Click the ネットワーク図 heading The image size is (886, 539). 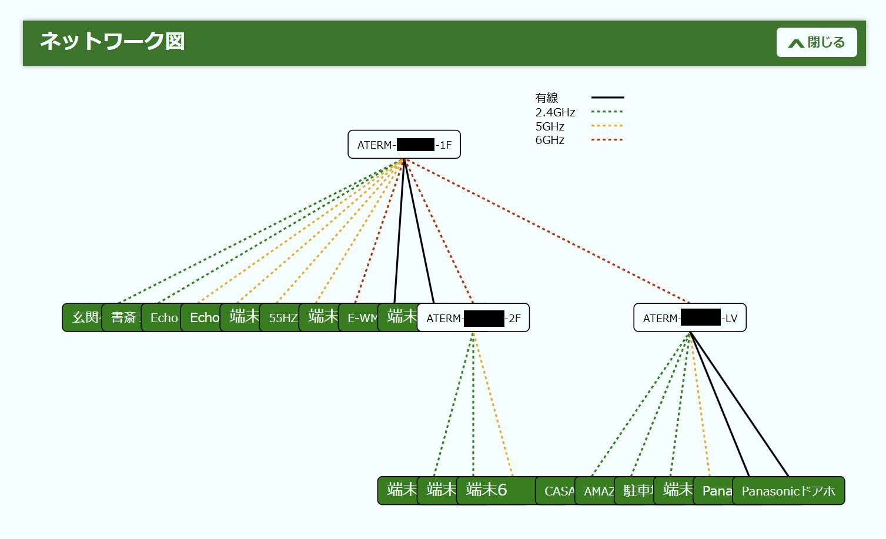click(112, 41)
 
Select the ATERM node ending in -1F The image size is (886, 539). click(404, 145)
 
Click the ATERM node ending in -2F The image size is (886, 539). click(473, 318)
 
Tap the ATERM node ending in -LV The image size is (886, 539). click(690, 318)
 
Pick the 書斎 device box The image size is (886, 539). click(123, 318)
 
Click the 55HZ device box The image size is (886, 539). click(281, 318)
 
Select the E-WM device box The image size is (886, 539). click(359, 318)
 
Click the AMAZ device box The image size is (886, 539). click(596, 491)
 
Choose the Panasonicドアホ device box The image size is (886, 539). click(788, 491)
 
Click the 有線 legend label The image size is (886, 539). click(546, 98)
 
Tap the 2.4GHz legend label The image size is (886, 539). click(555, 112)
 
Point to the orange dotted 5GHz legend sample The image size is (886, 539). click(607, 126)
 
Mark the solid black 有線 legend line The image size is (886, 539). click(607, 98)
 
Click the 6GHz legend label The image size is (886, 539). click(550, 140)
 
